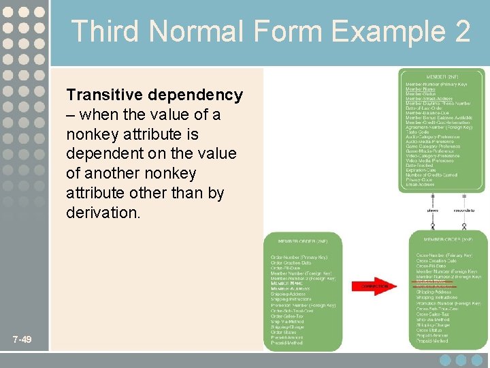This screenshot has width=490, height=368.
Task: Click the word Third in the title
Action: (x=105, y=31)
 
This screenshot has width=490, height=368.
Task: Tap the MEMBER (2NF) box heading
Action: (x=442, y=76)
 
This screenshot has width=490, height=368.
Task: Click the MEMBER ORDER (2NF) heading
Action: (x=302, y=241)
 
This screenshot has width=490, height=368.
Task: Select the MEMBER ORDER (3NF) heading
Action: (x=448, y=239)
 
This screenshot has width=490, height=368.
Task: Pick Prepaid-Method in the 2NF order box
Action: (x=287, y=343)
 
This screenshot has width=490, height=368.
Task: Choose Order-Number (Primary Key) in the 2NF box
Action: (x=299, y=257)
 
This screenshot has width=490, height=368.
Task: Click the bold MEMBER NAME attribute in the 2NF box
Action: (x=286, y=283)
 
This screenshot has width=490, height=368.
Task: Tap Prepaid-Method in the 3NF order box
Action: (x=433, y=340)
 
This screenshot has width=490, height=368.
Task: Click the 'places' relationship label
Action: (x=432, y=210)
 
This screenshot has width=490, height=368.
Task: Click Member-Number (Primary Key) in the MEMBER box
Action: (x=436, y=85)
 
